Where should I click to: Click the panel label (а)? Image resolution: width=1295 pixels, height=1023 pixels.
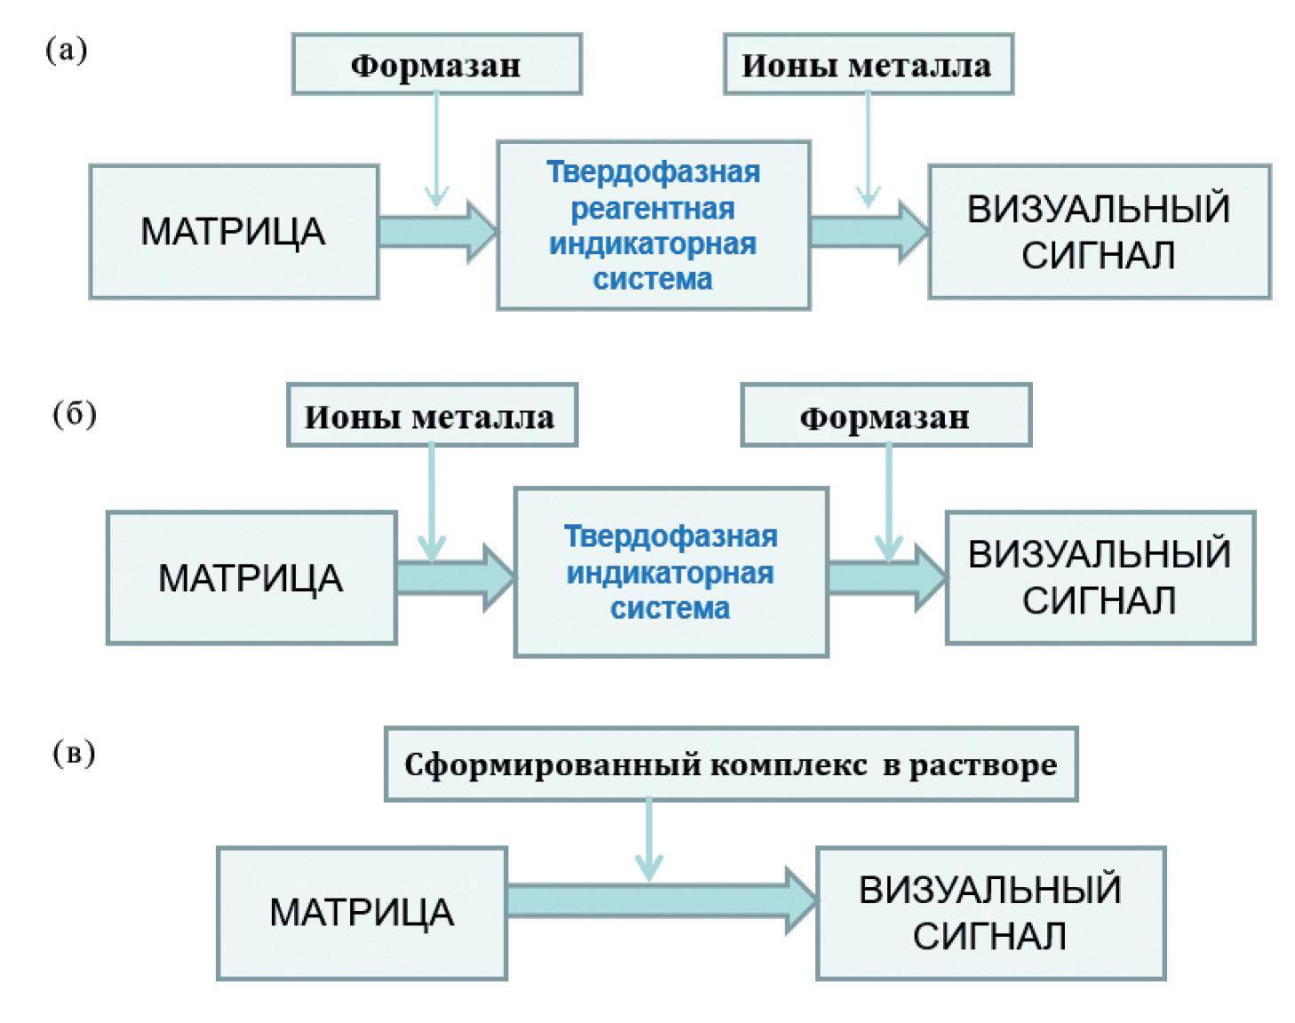pyautogui.click(x=67, y=50)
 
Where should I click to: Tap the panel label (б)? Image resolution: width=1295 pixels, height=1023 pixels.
pyautogui.click(x=75, y=414)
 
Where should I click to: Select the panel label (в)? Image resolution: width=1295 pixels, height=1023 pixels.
pyautogui.click(x=74, y=753)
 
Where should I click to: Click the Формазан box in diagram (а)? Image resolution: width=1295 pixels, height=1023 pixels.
pyautogui.click(x=436, y=65)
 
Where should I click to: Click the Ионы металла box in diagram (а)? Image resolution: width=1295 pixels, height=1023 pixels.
pyautogui.click(x=868, y=65)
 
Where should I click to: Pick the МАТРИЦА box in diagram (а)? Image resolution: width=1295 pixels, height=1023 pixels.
pyautogui.click(x=234, y=232)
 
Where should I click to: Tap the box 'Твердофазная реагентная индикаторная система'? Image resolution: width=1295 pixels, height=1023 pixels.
pyautogui.click(x=653, y=226)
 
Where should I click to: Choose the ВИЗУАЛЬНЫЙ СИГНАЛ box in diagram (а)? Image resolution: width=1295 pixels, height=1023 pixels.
pyautogui.click(x=1099, y=232)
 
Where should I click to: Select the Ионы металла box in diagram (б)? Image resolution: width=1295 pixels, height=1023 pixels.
pyautogui.click(x=432, y=416)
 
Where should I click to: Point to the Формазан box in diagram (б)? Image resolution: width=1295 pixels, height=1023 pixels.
pyautogui.click(x=886, y=416)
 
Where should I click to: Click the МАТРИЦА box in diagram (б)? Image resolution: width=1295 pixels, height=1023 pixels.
pyautogui.click(x=250, y=578)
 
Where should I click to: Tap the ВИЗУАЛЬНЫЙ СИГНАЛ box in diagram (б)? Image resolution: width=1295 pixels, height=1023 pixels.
pyautogui.click(x=1100, y=578)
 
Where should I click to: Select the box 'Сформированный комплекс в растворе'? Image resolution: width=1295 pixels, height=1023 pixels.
pyautogui.click(x=730, y=765)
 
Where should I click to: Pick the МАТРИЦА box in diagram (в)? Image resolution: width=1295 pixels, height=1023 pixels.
pyautogui.click(x=361, y=913)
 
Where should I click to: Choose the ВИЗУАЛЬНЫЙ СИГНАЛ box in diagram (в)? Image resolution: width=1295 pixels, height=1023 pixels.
pyautogui.click(x=989, y=913)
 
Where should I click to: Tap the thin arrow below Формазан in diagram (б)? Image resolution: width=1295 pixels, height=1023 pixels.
pyautogui.click(x=888, y=502)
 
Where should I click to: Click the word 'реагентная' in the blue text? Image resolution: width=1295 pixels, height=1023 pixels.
pyautogui.click(x=653, y=209)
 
